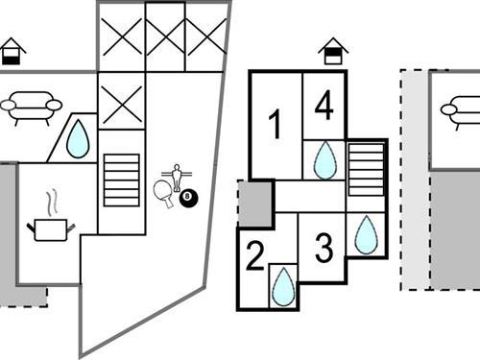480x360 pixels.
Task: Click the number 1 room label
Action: click(x=275, y=125)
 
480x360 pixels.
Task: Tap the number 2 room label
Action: click(x=254, y=256)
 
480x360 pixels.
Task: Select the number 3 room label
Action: click(x=324, y=249)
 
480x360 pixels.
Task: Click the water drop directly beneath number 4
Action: click(x=325, y=159)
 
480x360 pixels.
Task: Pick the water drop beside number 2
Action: click(x=283, y=286)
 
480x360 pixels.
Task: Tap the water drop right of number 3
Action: click(x=366, y=235)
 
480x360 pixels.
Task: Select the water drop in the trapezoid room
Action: click(x=77, y=141)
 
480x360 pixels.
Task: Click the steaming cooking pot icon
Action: click(x=52, y=223)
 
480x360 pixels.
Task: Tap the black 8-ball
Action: click(x=188, y=199)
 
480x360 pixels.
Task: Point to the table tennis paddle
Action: click(x=162, y=190)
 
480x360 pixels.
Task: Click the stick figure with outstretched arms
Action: click(x=176, y=177)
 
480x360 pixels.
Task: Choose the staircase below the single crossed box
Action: click(x=121, y=180)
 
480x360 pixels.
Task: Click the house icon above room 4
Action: click(x=332, y=51)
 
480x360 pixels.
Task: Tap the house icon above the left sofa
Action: click(x=12, y=50)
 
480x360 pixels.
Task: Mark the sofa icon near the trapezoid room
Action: click(x=30, y=107)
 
